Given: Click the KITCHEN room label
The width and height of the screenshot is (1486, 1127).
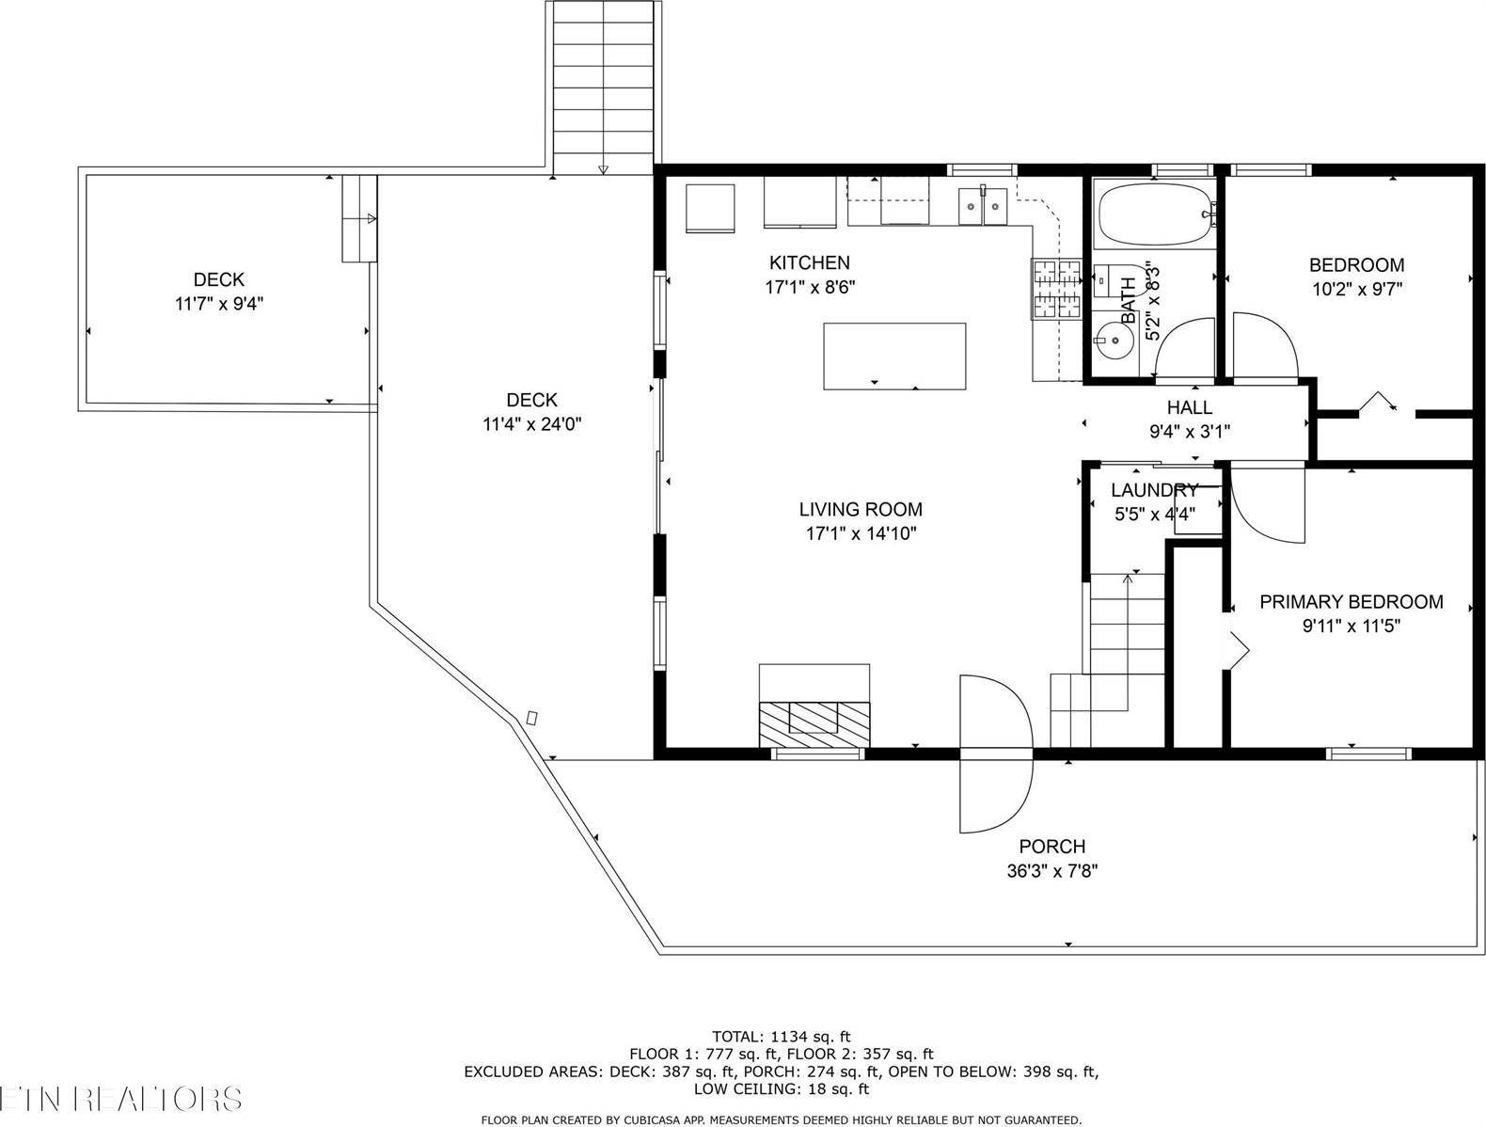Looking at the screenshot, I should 809,262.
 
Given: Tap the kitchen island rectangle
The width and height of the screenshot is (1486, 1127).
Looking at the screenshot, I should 893,356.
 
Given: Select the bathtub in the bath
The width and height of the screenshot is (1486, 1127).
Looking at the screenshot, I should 1155,214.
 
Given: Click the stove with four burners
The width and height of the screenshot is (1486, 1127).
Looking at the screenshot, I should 1056,289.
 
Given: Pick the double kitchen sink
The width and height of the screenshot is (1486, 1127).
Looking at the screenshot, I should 983,206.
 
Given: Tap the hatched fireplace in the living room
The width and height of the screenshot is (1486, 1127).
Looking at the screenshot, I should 814,722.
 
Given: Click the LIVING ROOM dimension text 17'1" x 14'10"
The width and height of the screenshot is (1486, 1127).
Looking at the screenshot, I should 860,533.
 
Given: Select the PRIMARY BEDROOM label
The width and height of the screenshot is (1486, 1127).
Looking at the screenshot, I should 1351,602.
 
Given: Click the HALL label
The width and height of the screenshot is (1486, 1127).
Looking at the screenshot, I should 1189,407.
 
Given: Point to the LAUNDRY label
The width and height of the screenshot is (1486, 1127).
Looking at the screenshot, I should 1154,489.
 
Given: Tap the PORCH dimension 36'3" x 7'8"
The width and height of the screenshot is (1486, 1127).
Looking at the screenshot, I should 1051,870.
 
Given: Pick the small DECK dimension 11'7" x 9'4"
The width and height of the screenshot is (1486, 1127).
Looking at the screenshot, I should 218,304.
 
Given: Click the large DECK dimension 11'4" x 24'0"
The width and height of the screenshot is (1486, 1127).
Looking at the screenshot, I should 531,424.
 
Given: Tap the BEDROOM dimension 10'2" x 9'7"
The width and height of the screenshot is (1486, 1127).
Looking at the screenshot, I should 1356,290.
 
